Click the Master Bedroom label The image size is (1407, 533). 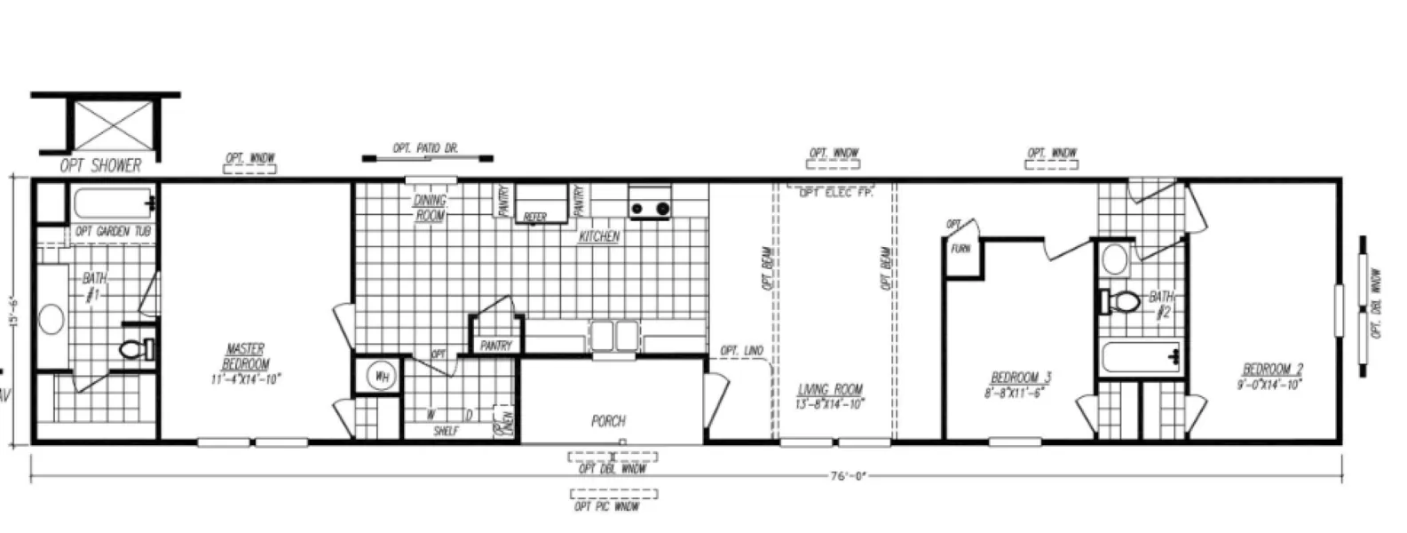[245, 357]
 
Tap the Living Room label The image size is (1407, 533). [830, 390]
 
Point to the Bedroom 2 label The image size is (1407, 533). [1272, 370]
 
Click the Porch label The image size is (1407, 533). [608, 421]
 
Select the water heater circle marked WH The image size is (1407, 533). [381, 377]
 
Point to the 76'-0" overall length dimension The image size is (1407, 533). [848, 476]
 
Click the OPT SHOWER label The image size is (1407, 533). [100, 165]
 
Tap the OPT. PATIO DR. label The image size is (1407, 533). [425, 148]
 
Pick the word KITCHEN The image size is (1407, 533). [598, 237]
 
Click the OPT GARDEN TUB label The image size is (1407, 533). [113, 231]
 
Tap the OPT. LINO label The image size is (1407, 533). [742, 351]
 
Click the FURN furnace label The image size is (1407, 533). [960, 249]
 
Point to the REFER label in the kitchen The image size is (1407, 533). [534, 217]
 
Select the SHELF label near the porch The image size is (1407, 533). [446, 431]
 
